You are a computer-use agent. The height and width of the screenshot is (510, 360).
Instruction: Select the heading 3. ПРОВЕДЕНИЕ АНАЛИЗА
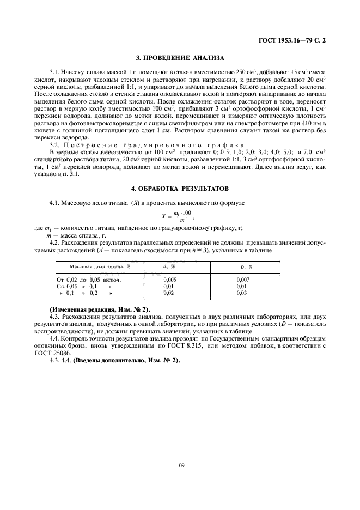[180, 57]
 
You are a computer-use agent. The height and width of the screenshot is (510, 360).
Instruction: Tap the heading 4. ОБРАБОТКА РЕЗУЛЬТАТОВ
[180, 187]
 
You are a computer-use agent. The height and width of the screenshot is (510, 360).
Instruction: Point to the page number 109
[180, 465]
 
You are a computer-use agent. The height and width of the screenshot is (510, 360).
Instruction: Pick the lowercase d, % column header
[169, 266]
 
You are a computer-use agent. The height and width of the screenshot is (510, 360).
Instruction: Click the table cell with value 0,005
[170, 278]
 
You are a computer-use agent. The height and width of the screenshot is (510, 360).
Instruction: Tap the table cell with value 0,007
[242, 278]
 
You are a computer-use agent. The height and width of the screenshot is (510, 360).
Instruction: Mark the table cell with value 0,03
[242, 293]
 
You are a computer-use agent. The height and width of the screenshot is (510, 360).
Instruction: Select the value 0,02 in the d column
[170, 293]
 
